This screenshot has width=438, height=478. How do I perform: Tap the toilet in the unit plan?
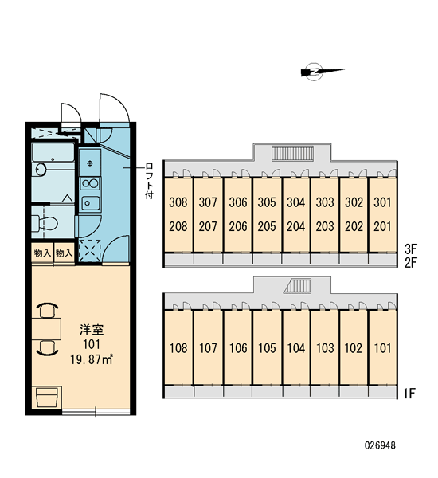[x=45, y=223]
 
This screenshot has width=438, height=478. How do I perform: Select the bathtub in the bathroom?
[x=53, y=152]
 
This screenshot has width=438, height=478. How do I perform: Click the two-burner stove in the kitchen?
[x=90, y=183]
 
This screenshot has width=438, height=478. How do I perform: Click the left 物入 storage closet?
[x=42, y=253]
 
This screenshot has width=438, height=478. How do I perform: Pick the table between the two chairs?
[x=46, y=329]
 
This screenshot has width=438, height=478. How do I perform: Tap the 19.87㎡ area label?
[x=92, y=360]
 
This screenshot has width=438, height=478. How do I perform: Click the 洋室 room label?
[x=92, y=330]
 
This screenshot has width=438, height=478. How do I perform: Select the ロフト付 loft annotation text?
[x=149, y=181]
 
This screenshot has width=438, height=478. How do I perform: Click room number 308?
[x=178, y=202]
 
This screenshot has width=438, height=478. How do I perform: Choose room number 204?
[x=296, y=226]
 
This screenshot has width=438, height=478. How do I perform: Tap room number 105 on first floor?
[x=267, y=348]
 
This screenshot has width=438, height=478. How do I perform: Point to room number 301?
[x=382, y=202]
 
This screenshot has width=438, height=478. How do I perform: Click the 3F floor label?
[x=411, y=249]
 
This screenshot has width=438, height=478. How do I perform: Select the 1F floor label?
[x=409, y=394]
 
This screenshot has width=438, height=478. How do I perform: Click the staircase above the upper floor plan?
[x=292, y=153]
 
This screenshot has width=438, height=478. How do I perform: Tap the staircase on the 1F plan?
[x=298, y=286]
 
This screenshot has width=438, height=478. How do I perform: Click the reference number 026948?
[x=380, y=445]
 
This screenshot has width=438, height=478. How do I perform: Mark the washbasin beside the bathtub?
[x=41, y=170]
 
